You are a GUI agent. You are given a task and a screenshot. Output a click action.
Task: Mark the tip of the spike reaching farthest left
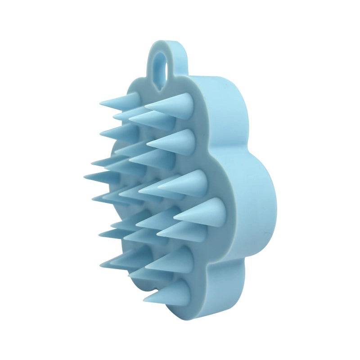(x=85, y=175)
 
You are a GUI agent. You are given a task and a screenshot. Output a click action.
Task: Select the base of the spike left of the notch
(x=135, y=100)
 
